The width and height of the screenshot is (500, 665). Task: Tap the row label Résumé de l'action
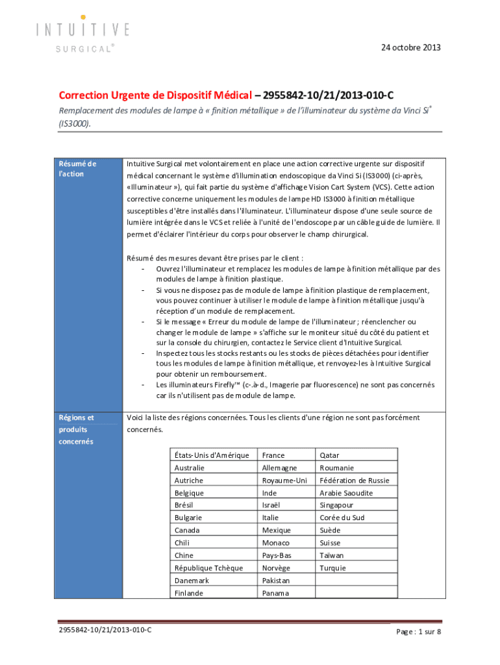(77, 169)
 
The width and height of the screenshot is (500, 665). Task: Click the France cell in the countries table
(273, 455)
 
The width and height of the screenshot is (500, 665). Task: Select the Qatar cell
(329, 455)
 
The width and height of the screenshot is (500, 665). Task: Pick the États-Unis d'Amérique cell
(212, 455)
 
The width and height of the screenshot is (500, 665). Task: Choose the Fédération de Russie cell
(355, 481)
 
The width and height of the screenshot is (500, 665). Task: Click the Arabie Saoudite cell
(346, 493)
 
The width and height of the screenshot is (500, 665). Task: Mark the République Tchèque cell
(208, 568)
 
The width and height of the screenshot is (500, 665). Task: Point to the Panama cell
(276, 593)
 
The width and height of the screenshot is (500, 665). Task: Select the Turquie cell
(332, 568)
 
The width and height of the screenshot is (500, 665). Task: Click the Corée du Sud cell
(342, 518)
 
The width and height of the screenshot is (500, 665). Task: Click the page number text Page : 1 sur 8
(419, 631)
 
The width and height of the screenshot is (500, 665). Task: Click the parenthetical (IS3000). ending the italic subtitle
(71, 122)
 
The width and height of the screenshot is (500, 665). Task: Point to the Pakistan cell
(276, 580)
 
